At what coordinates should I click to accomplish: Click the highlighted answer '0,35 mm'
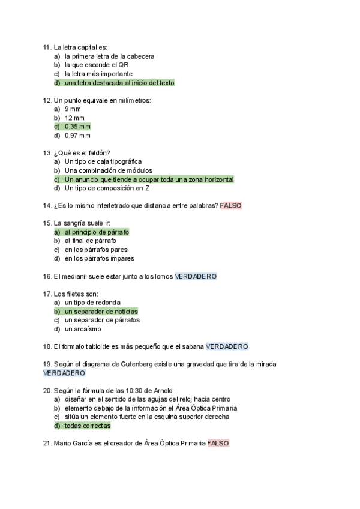[77, 127]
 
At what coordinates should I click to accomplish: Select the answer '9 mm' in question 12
[73, 109]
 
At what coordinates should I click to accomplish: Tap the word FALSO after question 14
[231, 206]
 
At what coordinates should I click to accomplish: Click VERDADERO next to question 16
[196, 277]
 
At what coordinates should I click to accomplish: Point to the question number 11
[47, 47]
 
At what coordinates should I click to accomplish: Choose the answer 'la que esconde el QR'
[97, 65]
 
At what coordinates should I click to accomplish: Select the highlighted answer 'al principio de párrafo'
[97, 232]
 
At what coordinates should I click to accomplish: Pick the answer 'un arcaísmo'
[83, 329]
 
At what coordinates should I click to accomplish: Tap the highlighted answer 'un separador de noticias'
[101, 312]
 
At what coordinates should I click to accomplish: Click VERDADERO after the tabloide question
[227, 347]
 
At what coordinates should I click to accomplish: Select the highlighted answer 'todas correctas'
[88, 426]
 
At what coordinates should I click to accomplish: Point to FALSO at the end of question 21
[218, 444]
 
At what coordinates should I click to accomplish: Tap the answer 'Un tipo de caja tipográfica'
[103, 162]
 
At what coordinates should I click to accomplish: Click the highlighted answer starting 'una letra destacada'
[119, 83]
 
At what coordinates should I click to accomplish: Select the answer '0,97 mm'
[77, 136]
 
